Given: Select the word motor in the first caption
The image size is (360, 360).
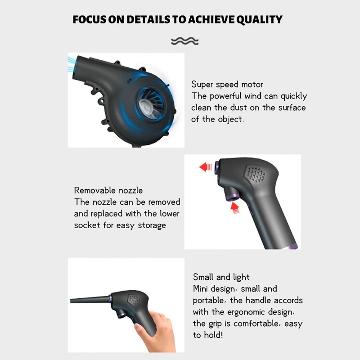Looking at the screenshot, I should [252, 84].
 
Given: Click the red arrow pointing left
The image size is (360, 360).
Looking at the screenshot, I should [206, 167].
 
